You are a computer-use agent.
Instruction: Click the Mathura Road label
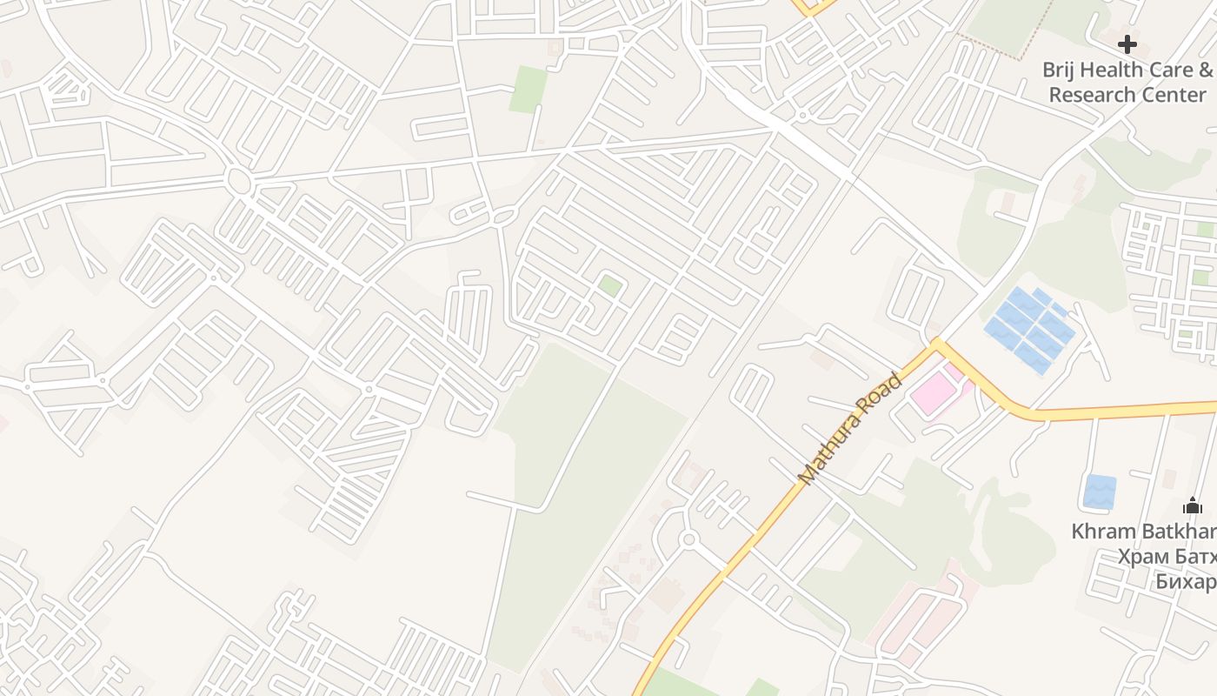[x=850, y=429]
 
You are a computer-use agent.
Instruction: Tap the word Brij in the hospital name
[x=1062, y=70]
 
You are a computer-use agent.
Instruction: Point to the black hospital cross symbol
[x=1127, y=43]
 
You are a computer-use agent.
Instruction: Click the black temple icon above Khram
[x=1193, y=505]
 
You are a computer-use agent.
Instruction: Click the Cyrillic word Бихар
[x=1186, y=580]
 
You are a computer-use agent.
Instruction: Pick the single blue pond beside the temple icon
[x=1100, y=492]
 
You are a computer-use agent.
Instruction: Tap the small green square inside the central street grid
[x=610, y=285]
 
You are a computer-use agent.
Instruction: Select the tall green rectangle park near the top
[x=528, y=89]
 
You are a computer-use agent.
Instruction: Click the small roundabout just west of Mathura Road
[x=689, y=539]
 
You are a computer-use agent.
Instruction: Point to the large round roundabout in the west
[x=237, y=181]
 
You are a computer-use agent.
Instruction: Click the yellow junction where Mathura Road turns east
[x=936, y=345]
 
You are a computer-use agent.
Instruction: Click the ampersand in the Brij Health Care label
[x=1205, y=70]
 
